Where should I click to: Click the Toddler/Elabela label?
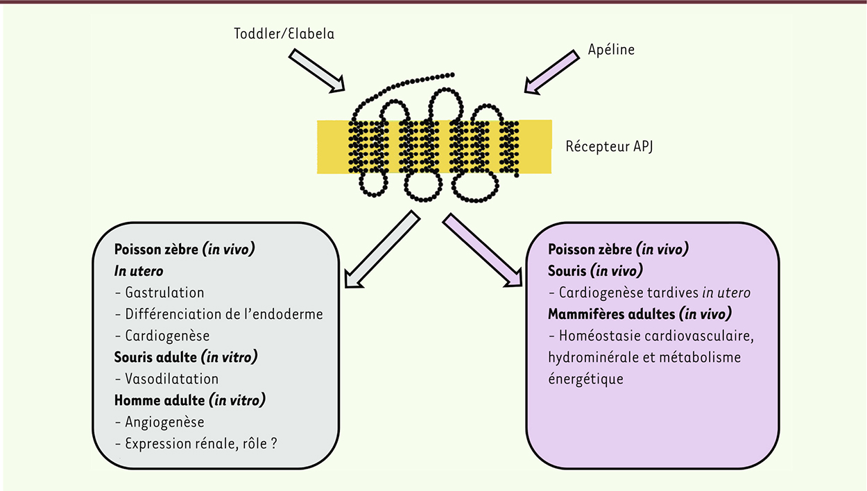(284, 34)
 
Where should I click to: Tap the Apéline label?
(611, 50)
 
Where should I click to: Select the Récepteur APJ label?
(609, 146)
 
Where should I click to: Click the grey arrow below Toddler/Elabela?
(316, 71)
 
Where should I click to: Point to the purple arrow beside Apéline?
(552, 72)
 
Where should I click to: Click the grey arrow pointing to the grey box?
(382, 250)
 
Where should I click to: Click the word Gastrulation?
(164, 293)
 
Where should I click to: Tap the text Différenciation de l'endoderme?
(224, 314)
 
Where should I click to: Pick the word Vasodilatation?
(172, 379)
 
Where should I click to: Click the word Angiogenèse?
(164, 422)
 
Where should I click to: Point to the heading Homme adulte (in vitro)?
(190, 400)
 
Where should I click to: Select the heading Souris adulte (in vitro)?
(186, 357)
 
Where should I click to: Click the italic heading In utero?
(139, 271)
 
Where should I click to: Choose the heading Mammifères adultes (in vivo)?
(639, 313)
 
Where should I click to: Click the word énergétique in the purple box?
(585, 379)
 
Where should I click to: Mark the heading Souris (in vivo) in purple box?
(595, 271)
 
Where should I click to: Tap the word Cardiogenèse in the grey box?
(167, 336)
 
